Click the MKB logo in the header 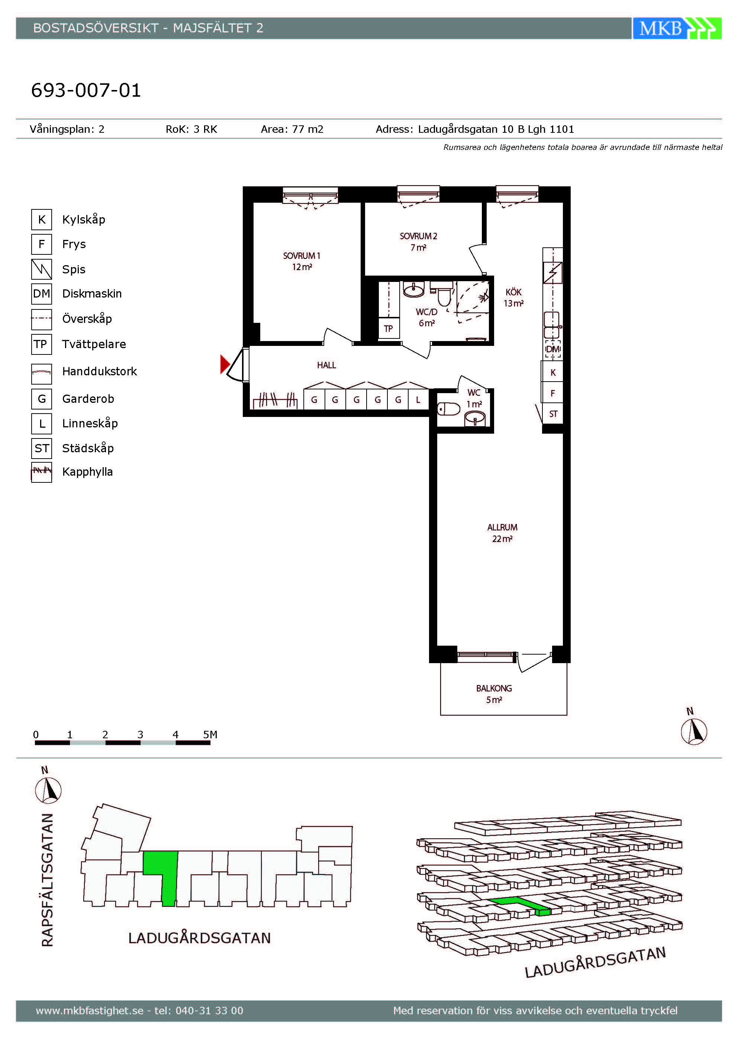point(677,28)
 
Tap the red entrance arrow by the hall point(225,364)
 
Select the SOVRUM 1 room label point(302,261)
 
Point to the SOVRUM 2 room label point(418,241)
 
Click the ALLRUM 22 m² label point(502,533)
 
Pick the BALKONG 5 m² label point(494,694)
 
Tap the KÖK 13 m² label point(513,298)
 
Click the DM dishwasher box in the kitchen point(553,349)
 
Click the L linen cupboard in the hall point(418,400)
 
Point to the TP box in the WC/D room point(388,328)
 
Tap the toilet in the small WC point(449,409)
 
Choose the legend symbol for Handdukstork point(41,374)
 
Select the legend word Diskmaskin point(92,294)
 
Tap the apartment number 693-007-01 point(86,90)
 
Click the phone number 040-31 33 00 point(209,1011)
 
